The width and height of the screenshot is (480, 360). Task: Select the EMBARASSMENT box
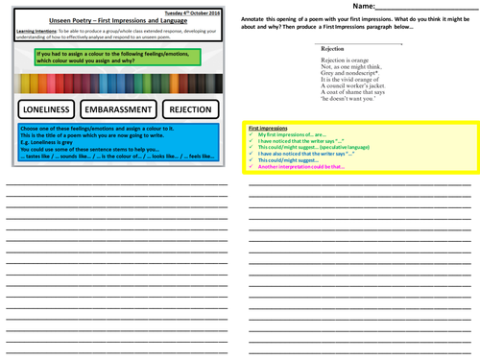pyautogui.click(x=119, y=108)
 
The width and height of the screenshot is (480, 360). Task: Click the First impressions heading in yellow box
pyautogui.click(x=270, y=127)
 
